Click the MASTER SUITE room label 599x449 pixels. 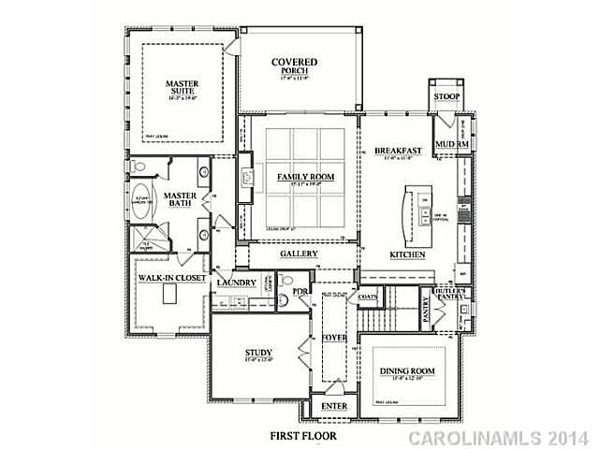[x=182, y=88]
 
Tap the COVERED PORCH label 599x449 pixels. [x=295, y=67]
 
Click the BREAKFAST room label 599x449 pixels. [x=398, y=151]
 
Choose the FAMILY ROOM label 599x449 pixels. [x=305, y=177]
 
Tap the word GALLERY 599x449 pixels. [x=299, y=253]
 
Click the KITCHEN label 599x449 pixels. [x=409, y=254]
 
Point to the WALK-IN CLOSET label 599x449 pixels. [x=172, y=278]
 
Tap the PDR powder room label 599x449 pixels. [x=299, y=291]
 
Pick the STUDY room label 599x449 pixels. [x=258, y=353]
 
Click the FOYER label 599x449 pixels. [x=334, y=337]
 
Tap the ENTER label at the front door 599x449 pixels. [x=334, y=407]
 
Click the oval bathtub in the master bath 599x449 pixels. [x=143, y=208]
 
